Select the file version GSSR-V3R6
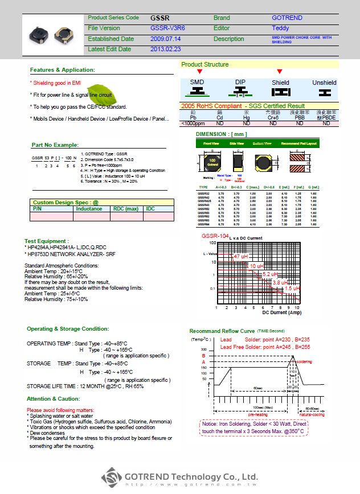coord(167,28)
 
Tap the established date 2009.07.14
coord(165,39)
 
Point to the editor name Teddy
coord(280,28)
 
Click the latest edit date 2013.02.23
coord(165,50)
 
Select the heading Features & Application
coord(63,70)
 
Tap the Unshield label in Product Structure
coord(324,83)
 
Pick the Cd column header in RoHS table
coord(219,118)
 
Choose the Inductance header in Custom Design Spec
coord(89,209)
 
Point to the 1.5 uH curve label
coord(292,289)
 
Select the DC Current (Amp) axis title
coord(282,312)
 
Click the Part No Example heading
coord(55,145)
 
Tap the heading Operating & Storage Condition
coord(68,329)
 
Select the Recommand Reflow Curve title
coord(222,331)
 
